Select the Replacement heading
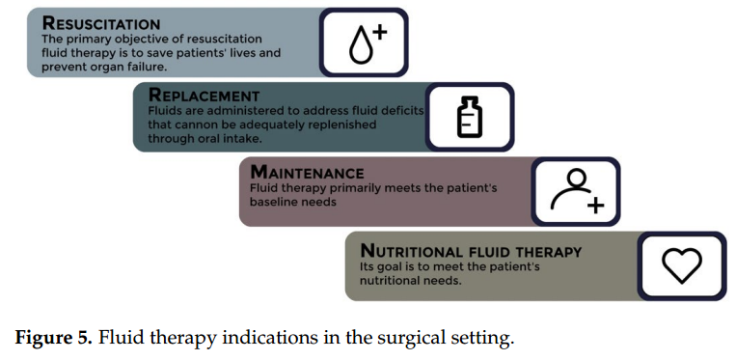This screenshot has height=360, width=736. coord(204,96)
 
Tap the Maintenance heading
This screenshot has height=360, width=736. coord(307,173)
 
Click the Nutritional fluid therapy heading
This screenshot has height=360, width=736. coord(471,252)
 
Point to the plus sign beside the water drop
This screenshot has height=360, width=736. coord(378,32)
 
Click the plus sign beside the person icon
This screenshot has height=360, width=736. coord(595,205)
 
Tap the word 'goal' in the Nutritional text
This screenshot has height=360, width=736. coord(390,267)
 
